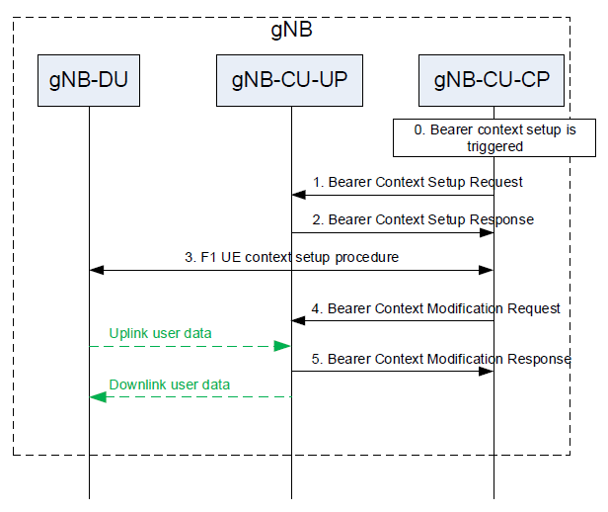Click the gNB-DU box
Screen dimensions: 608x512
89,80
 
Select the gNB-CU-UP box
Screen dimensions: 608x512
289,80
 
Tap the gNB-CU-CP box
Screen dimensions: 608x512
492,80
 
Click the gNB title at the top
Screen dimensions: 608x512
291,30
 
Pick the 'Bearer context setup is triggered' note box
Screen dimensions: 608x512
494,137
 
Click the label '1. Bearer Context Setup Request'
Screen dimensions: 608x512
418,182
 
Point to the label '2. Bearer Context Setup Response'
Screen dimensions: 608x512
423,219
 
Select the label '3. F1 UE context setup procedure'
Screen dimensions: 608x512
291,257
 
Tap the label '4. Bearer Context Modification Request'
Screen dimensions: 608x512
435,308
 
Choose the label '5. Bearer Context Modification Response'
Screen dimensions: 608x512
441,359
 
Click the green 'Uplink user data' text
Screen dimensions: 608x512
160,333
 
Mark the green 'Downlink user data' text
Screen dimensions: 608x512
170,384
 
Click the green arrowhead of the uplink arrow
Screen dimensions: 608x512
282,346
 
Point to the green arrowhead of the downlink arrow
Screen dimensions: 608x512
98,397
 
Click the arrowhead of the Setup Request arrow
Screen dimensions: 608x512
298,195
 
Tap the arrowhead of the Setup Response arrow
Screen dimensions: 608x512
487,233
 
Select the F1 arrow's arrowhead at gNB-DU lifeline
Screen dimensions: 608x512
97,270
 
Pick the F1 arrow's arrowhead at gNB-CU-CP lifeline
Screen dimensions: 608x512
487,270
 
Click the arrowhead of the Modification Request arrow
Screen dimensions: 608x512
298,320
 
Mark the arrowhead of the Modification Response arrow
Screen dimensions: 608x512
487,372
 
